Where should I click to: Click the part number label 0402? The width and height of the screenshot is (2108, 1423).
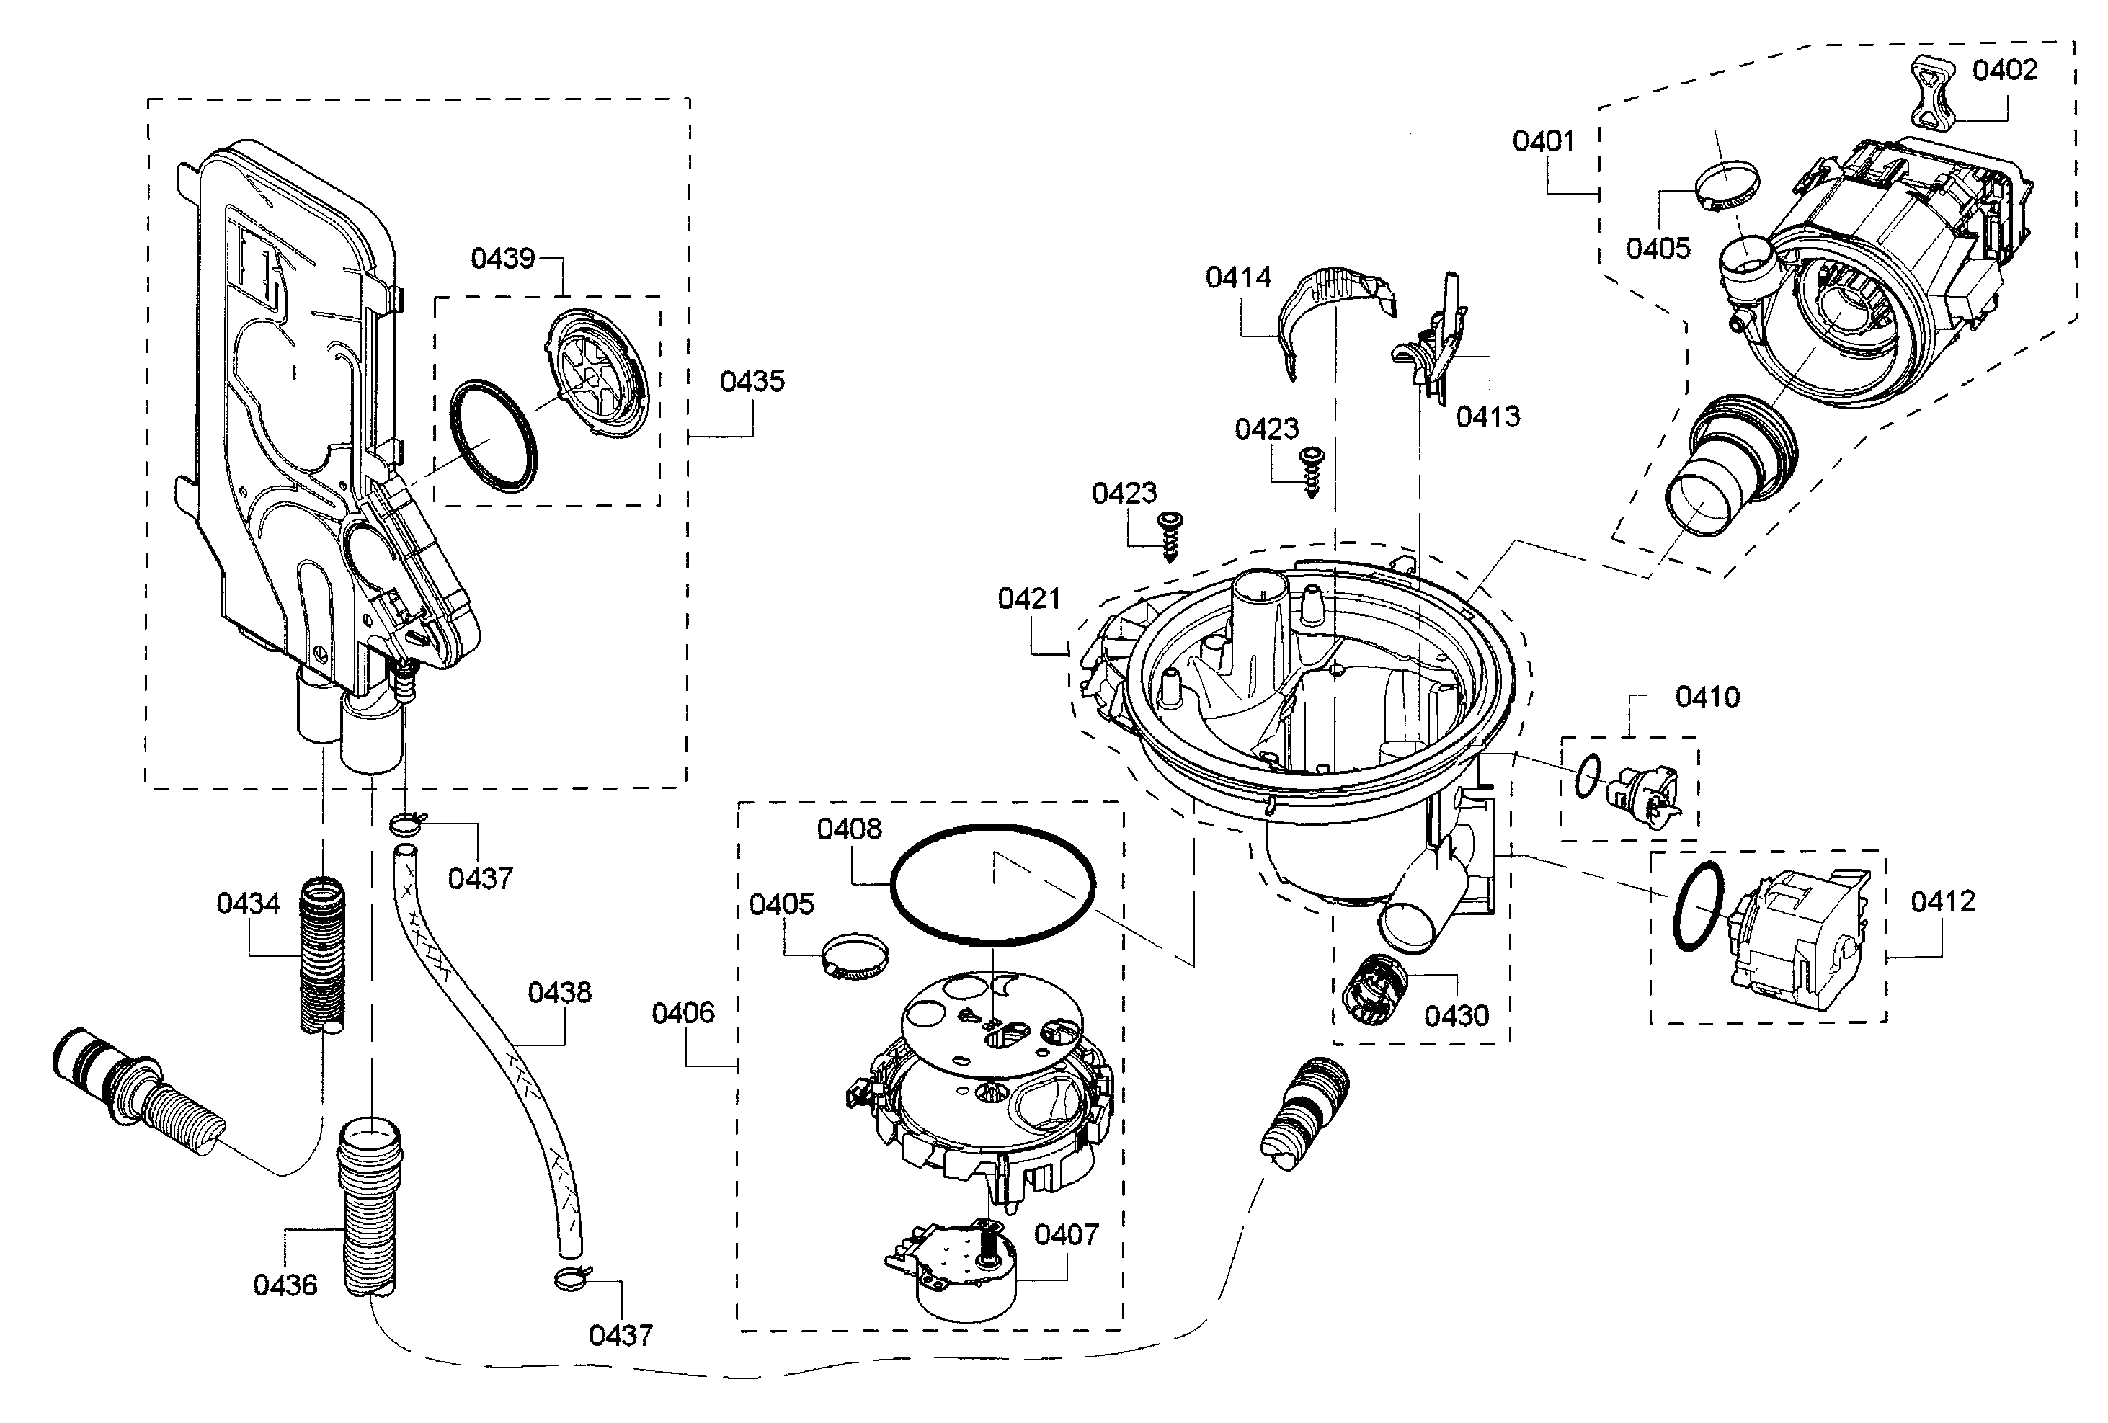coord(2005,70)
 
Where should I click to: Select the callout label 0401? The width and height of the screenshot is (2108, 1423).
coord(1543,140)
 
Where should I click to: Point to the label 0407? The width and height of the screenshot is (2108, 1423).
coord(1066,1234)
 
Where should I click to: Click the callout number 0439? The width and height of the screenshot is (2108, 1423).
coord(502,259)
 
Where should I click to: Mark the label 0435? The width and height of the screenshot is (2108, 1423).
coord(752,381)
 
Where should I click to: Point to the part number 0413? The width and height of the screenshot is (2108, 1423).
coord(1487,416)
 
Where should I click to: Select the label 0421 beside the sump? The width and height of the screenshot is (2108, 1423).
coord(1028,599)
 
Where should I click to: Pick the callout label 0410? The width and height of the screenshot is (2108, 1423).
coord(1707,697)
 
